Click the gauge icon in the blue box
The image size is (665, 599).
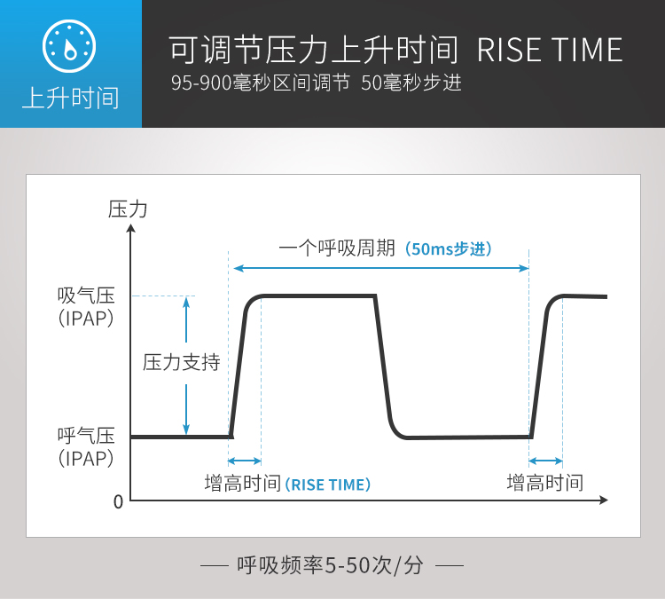click(69, 46)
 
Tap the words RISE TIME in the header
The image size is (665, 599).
click(550, 50)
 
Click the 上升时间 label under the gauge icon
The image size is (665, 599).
click(70, 99)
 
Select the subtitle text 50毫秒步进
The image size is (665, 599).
click(411, 83)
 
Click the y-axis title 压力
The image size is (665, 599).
click(128, 209)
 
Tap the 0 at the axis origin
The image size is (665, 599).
click(118, 502)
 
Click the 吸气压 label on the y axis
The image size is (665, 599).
click(87, 296)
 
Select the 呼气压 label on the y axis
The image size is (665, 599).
click(87, 436)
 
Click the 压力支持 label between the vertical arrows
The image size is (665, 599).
click(182, 363)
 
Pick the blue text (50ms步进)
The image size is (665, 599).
click(449, 248)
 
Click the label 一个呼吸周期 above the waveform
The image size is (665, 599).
click(337, 248)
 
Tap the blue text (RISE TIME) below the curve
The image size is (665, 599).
click(328, 485)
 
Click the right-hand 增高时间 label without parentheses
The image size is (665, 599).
click(545, 483)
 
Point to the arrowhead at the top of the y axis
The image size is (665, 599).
click(131, 228)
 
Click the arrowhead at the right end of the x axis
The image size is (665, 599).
click(604, 500)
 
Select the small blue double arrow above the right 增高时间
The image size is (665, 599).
click(546, 461)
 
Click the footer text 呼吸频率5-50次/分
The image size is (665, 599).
click(330, 565)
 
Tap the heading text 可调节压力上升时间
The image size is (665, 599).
click(313, 50)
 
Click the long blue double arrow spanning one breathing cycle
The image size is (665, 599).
click(381, 268)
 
